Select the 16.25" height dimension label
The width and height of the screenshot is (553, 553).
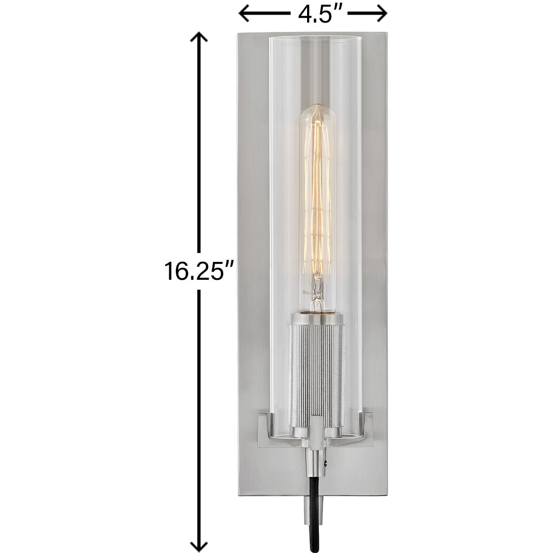(199, 272)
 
